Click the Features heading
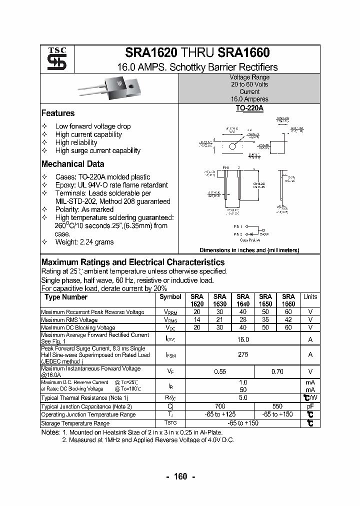click(58, 113)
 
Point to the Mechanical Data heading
click(72, 164)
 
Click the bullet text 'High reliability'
click(76, 142)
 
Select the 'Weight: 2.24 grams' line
click(84, 242)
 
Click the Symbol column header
click(170, 297)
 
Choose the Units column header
click(310, 297)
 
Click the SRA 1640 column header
click(243, 300)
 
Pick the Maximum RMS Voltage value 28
click(243, 320)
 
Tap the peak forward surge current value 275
click(243, 354)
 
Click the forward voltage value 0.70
click(277, 371)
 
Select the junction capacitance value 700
click(220, 406)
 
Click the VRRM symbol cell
click(170, 312)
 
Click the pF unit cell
click(310, 406)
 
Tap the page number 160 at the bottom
click(180, 476)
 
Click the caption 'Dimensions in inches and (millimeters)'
click(249, 250)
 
